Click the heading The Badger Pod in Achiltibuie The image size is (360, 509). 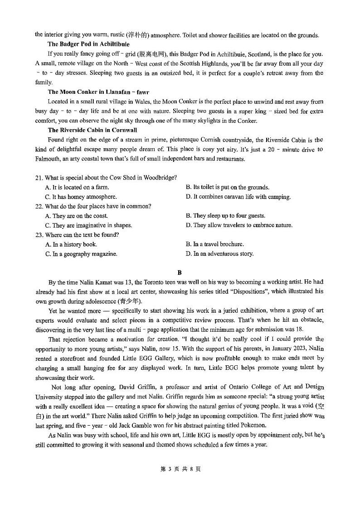pos(88,44)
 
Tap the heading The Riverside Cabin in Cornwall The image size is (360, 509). pos(92,130)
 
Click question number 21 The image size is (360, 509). pos(39,177)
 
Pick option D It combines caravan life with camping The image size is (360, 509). pos(238,197)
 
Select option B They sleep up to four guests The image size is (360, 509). pos(225,216)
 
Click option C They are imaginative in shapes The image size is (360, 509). pos(88,225)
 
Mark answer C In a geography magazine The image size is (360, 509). pos(81,254)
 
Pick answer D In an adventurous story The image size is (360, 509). pos(219,254)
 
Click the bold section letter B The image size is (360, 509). pos(180,272)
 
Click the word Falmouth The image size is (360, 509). pos(49,159)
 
